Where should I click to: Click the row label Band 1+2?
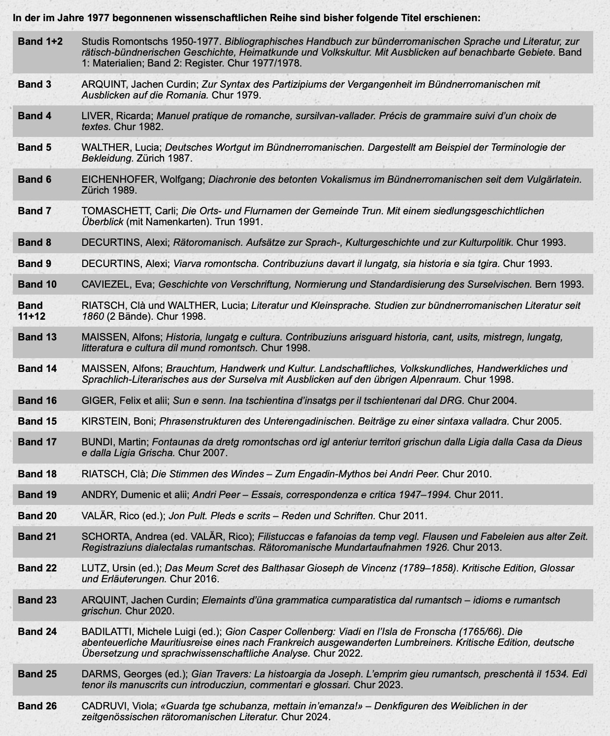[40, 41]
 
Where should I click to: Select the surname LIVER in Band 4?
[98, 116]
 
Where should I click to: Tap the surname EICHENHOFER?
[118, 179]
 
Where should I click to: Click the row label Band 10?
[37, 284]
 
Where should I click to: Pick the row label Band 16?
[37, 401]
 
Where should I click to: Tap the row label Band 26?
[37, 706]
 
